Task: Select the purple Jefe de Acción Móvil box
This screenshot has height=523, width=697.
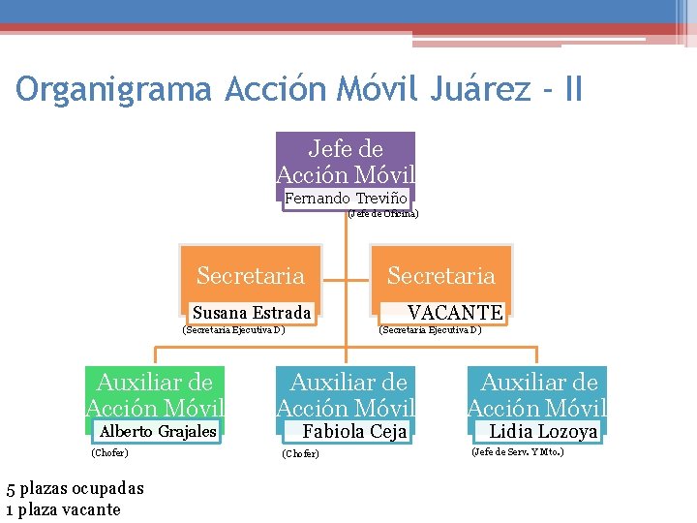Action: (346, 161)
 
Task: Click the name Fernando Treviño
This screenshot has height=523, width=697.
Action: (339, 199)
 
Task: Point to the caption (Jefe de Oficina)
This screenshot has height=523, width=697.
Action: (382, 214)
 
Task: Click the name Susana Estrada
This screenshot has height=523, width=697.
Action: (252, 312)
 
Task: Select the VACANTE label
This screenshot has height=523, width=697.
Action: (455, 312)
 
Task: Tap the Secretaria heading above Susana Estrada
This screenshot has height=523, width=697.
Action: (250, 276)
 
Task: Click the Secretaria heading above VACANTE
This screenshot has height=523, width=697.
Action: (441, 276)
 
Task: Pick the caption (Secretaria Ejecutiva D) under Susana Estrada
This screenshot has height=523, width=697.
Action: (233, 329)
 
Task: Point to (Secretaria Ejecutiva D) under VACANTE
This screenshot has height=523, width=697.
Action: (430, 329)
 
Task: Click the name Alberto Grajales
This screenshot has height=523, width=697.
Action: (159, 431)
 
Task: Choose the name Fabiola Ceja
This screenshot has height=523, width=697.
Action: (354, 431)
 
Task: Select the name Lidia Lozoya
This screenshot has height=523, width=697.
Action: (543, 431)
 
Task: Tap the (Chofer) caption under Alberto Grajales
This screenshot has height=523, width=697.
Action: (109, 452)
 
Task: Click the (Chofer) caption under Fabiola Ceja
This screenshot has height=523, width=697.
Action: (300, 453)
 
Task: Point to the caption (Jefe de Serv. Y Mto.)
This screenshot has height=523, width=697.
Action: (518, 451)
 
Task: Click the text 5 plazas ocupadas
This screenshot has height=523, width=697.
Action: (75, 489)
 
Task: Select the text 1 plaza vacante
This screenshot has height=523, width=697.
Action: (63, 509)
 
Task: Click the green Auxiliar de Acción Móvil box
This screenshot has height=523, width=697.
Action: (155, 395)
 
